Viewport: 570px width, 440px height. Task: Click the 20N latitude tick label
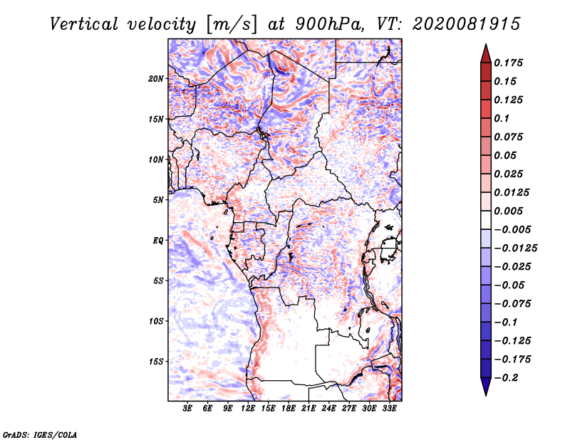coord(155,79)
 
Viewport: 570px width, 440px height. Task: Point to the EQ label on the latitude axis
coord(157,241)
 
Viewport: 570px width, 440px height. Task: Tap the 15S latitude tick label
coord(155,362)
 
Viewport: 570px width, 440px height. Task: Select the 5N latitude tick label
coord(158,200)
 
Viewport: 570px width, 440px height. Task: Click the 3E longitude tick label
coord(187,408)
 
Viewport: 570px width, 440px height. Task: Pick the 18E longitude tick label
coord(289,408)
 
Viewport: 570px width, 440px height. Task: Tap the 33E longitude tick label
coord(389,408)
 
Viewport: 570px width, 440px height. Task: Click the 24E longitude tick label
coord(328,408)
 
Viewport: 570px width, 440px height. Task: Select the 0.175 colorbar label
coord(509,63)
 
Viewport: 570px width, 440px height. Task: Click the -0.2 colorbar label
coord(507,378)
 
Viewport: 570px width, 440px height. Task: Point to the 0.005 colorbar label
coord(509,211)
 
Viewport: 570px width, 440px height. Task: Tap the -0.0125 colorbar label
coord(516,248)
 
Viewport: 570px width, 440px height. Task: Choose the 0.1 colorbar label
coord(502,118)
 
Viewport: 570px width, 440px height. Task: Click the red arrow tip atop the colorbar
coord(486,45)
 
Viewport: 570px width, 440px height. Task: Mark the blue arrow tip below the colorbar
coord(486,394)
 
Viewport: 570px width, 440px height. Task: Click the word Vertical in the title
coord(84,24)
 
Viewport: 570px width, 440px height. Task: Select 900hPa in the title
coord(329,24)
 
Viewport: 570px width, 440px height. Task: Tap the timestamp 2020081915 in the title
coord(467,24)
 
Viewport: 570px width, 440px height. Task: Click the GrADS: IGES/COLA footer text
coord(40,434)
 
